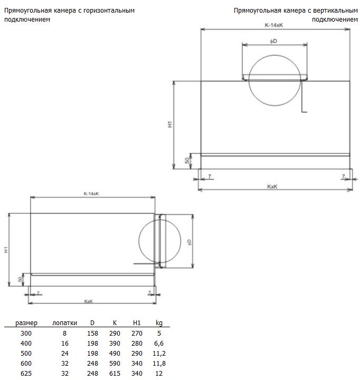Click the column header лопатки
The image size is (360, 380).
(64, 323)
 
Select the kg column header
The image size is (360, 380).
(159, 323)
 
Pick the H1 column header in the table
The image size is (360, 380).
(137, 323)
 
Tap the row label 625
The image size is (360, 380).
(26, 374)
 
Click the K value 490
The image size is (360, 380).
(115, 353)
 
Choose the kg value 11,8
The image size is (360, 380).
(159, 364)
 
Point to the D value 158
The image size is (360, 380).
(92, 334)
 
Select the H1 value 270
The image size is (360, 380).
(137, 334)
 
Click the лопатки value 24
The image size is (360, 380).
(65, 353)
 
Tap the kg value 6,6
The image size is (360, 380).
(159, 344)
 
